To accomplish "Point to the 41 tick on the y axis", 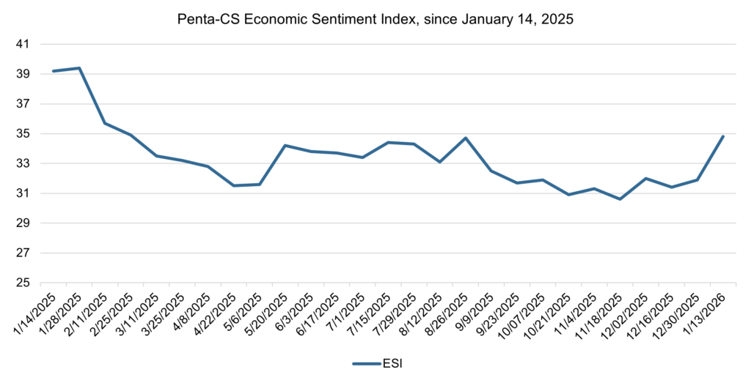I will [22, 44].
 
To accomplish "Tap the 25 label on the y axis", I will [22, 283].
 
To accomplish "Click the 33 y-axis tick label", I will [22, 163].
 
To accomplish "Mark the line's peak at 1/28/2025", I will [79, 68].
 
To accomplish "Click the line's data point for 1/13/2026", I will [723, 136].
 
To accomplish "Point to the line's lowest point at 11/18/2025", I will [620, 199].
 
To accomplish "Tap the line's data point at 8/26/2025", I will [466, 138].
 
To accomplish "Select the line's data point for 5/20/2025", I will [285, 145].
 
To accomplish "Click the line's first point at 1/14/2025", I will [54, 71].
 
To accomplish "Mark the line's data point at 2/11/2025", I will [105, 123].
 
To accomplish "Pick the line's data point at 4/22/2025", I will [234, 185].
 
